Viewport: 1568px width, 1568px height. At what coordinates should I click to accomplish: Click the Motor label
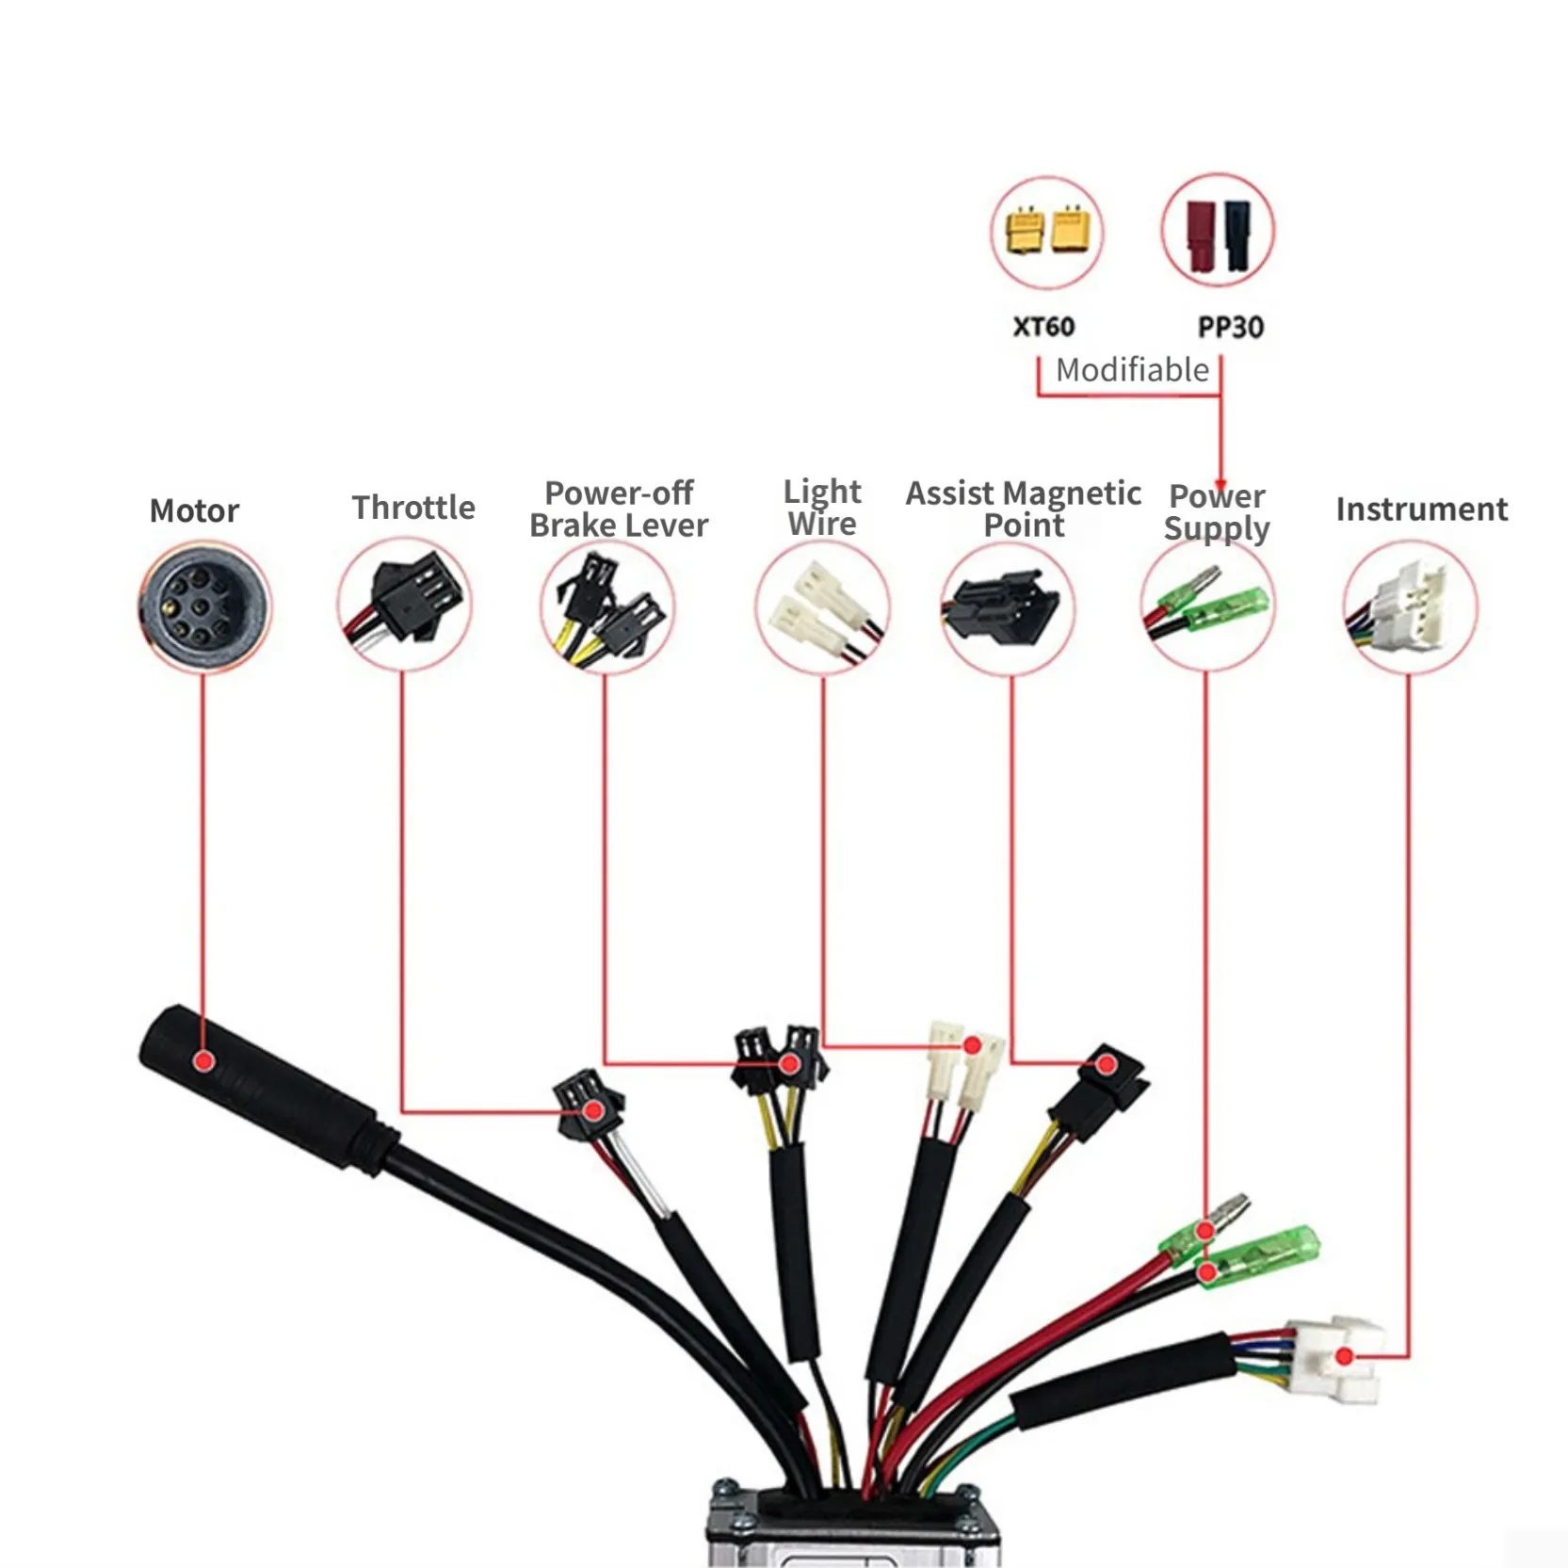(194, 510)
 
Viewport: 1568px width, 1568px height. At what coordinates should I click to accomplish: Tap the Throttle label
(413, 508)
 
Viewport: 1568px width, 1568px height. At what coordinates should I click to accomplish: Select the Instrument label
(1421, 509)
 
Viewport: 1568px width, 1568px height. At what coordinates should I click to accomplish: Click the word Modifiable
(1132, 370)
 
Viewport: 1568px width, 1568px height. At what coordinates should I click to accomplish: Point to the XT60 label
(1043, 327)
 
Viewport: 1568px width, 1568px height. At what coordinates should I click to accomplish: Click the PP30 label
(1230, 327)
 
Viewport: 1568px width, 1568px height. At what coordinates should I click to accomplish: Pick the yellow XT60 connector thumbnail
(1047, 232)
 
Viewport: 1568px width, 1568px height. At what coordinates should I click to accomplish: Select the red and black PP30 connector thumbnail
(1218, 232)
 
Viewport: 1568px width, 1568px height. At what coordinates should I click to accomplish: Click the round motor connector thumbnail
(204, 606)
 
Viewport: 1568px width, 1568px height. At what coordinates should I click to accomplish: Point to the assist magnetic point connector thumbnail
(1008, 607)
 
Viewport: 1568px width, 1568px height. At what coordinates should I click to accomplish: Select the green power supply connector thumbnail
(1206, 604)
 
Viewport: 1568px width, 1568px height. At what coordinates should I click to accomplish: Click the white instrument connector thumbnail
(1410, 606)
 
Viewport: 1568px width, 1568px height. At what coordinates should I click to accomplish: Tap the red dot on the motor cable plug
(203, 1061)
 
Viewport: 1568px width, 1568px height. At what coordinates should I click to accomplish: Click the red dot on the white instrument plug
(1345, 1356)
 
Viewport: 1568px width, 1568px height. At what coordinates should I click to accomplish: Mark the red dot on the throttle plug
(593, 1111)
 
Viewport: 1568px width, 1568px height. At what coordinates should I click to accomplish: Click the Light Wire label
(822, 508)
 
